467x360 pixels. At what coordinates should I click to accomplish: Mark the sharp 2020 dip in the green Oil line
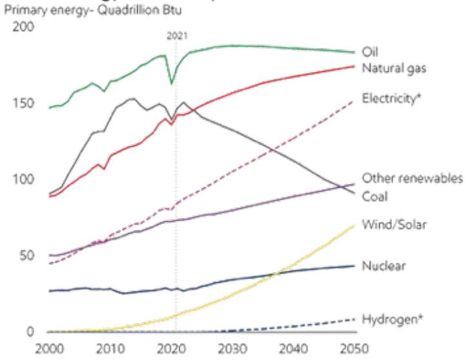(171, 83)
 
